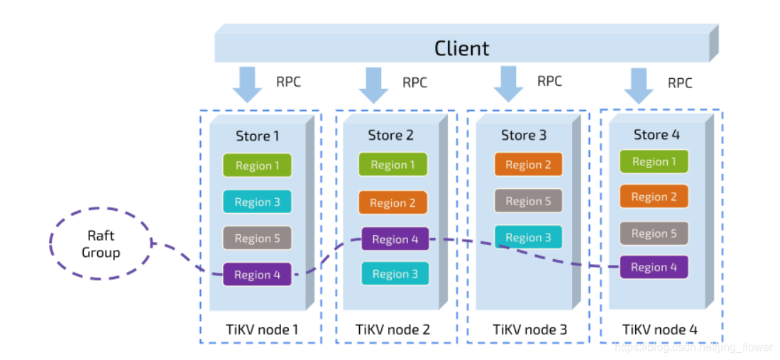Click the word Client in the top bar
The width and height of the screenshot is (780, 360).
point(461,48)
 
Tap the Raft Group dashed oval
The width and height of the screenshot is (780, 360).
point(100,244)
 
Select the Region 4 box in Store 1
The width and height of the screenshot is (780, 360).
point(257,275)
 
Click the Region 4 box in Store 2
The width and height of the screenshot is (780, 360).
point(395,239)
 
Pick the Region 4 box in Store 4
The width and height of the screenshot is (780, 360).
point(654,267)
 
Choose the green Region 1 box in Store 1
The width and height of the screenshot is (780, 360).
point(257,165)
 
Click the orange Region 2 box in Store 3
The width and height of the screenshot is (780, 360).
point(528,165)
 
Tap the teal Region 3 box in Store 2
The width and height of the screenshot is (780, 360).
point(395,273)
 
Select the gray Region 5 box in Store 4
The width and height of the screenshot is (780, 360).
point(654,233)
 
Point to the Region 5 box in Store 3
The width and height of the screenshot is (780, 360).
point(528,201)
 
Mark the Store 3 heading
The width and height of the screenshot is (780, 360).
point(524,135)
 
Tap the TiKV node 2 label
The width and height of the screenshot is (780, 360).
point(392,329)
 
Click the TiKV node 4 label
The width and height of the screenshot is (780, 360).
point(660,329)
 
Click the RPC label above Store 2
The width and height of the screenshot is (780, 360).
point(415,82)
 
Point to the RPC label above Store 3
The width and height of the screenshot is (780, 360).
point(549,81)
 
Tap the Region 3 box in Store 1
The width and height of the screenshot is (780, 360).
point(257,202)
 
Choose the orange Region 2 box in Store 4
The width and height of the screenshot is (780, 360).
point(654,197)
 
